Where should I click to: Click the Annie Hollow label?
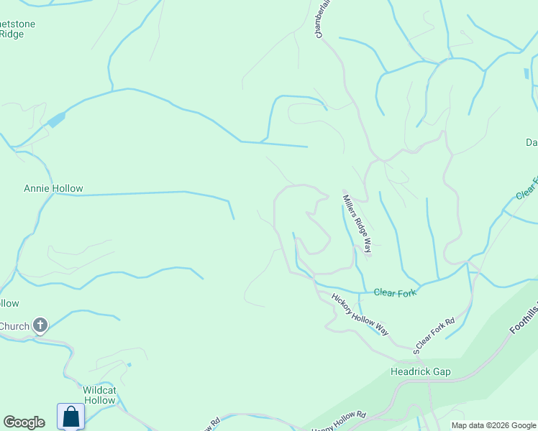[53, 189]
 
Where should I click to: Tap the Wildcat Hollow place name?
[99, 395]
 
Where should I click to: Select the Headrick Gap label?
[420, 371]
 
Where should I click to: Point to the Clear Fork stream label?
[396, 292]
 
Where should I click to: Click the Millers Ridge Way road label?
[357, 224]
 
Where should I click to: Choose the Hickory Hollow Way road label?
[360, 314]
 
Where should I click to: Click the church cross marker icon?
[40, 326]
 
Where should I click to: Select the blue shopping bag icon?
[70, 417]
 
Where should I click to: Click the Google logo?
[24, 422]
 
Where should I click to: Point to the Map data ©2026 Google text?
[493, 425]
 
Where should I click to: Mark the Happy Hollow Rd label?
[338, 422]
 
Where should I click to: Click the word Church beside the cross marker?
[14, 326]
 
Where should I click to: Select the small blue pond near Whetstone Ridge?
[56, 119]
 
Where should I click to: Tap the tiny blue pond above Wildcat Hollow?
[129, 365]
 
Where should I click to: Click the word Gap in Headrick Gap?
[441, 371]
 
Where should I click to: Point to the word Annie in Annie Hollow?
[37, 189]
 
